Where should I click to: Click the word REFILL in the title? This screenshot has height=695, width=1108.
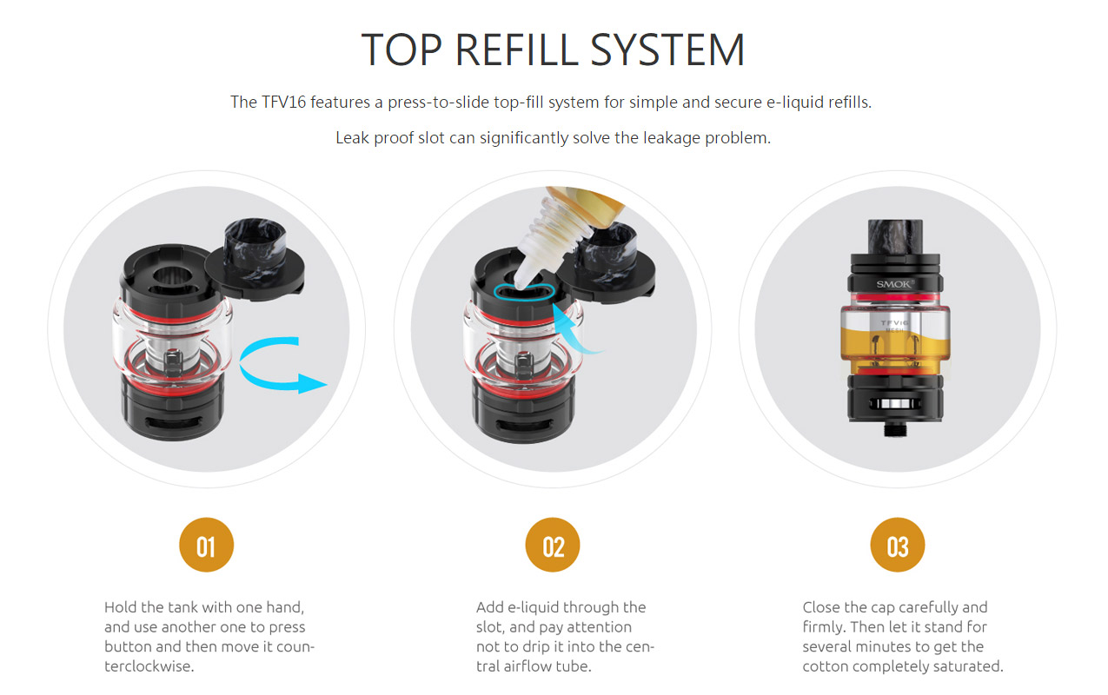[517, 50]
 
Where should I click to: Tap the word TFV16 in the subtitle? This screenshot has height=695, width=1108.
[283, 103]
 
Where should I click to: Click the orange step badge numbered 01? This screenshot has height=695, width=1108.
[206, 545]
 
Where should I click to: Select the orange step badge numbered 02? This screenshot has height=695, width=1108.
[553, 545]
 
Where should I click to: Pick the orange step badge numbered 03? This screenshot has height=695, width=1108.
[898, 545]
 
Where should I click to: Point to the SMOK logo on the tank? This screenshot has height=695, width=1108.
[895, 284]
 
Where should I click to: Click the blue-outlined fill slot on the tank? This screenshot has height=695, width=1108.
[524, 291]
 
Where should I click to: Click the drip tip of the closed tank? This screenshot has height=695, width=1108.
[895, 236]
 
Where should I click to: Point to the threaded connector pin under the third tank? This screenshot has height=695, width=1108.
[895, 429]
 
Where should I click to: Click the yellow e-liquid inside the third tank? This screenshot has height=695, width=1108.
[895, 348]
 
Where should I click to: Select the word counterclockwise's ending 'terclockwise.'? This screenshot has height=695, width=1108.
[149, 666]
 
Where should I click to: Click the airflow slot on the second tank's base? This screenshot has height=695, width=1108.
[524, 425]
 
